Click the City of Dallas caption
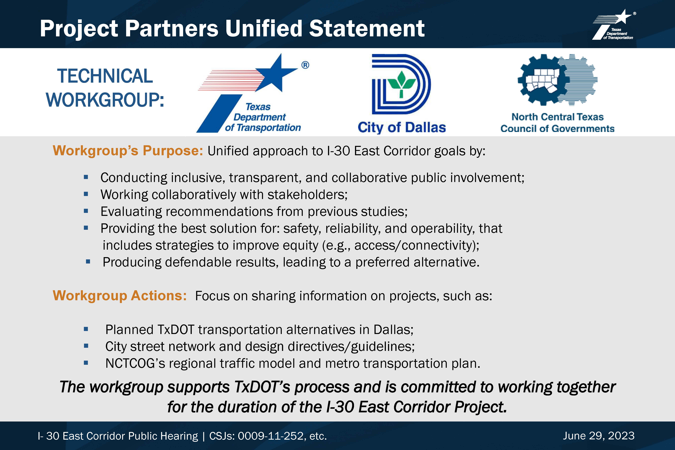[x=401, y=127]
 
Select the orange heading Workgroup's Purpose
[x=128, y=151]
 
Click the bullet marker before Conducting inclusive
[x=86, y=177]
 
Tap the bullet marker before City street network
[x=86, y=346]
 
